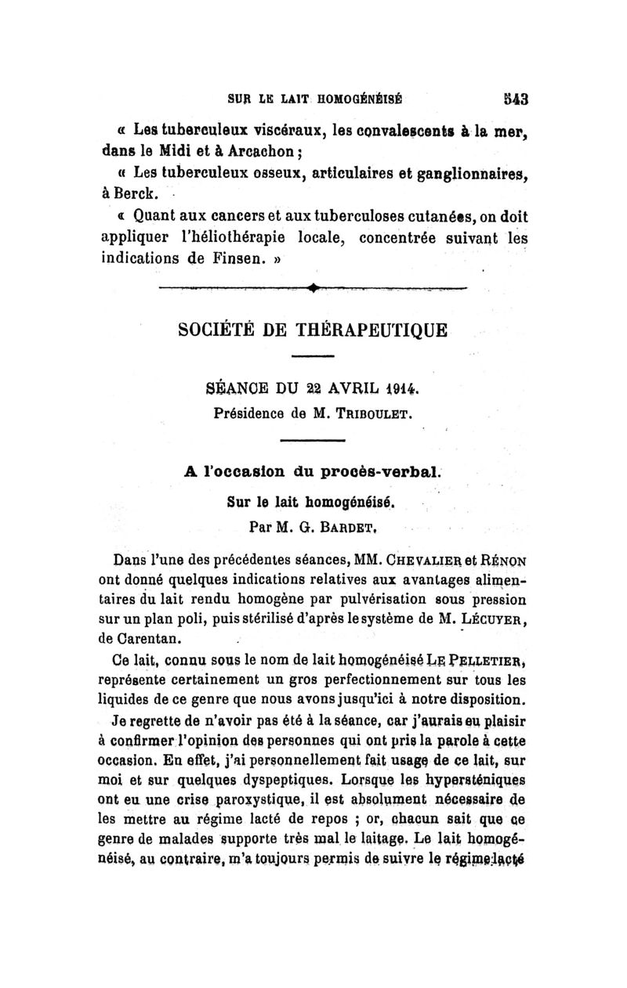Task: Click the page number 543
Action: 515,99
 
